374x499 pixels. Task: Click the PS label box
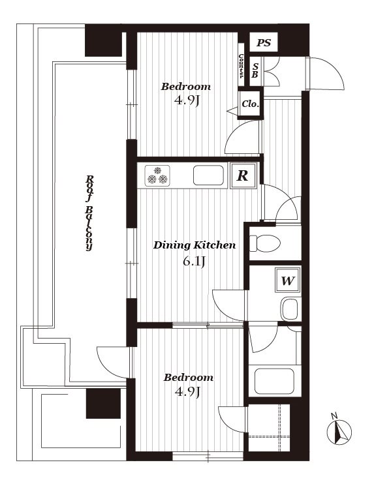point(264,42)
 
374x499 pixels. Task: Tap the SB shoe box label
point(255,70)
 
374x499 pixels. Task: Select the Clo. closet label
point(251,104)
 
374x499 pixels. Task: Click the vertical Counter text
point(241,66)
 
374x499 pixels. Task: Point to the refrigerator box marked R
point(243,175)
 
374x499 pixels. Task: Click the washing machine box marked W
point(288,280)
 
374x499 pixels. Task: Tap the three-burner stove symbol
point(157,175)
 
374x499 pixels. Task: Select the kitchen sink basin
point(208,175)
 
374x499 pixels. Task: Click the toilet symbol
point(264,243)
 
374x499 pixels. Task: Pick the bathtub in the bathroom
point(274,381)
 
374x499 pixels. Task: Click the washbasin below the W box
point(290,309)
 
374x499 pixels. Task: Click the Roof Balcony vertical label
point(89,213)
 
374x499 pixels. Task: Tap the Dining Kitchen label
point(195,245)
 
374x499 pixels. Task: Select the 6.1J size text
point(194,262)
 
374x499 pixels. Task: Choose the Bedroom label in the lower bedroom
point(188,378)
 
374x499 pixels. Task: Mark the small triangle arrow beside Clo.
point(232,111)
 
